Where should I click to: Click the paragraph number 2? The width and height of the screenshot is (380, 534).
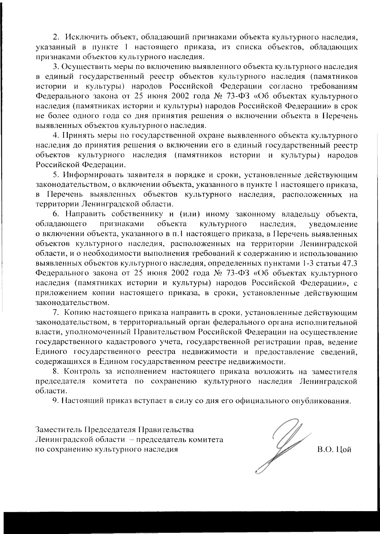pyautogui.click(x=55, y=37)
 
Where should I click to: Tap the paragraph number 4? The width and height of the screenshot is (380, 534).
pyautogui.click(x=55, y=136)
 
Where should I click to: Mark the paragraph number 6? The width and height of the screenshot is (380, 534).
pyautogui.click(x=55, y=214)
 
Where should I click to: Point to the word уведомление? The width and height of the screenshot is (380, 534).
pyautogui.click(x=333, y=224)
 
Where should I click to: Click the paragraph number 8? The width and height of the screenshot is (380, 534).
pyautogui.click(x=55, y=371)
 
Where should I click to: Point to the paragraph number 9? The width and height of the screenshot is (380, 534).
pyautogui.click(x=55, y=401)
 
